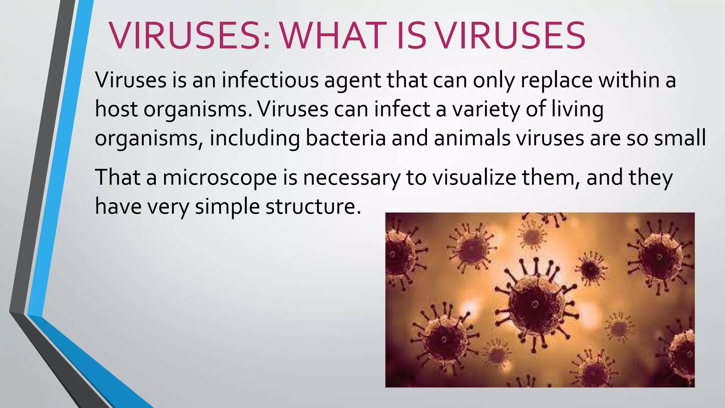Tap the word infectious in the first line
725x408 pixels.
[x=270, y=80]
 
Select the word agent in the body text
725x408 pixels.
[x=352, y=81]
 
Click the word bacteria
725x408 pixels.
[x=345, y=138]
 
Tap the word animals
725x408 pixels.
[x=472, y=138]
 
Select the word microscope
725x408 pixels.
[x=219, y=178]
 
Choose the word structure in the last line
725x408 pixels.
[x=313, y=206]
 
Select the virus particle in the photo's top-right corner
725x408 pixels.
[x=660, y=257]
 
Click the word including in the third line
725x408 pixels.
[x=255, y=138]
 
